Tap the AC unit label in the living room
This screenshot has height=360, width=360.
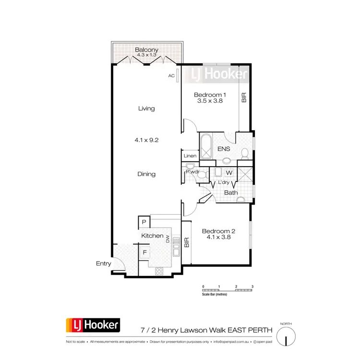[171, 76]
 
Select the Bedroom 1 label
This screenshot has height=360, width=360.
[210, 95]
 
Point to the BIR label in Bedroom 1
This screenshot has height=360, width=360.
[244, 98]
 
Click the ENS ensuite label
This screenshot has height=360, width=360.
[224, 149]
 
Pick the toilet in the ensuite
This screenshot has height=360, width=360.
[245, 153]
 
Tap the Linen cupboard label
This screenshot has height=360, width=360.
[190, 156]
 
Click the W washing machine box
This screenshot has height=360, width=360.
[229, 172]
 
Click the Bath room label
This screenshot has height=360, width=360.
[231, 193]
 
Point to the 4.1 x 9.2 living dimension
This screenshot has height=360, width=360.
[146, 140]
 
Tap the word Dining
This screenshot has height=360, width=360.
[146, 174]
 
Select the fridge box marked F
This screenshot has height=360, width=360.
[144, 252]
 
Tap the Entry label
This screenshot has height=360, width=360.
[103, 264]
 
